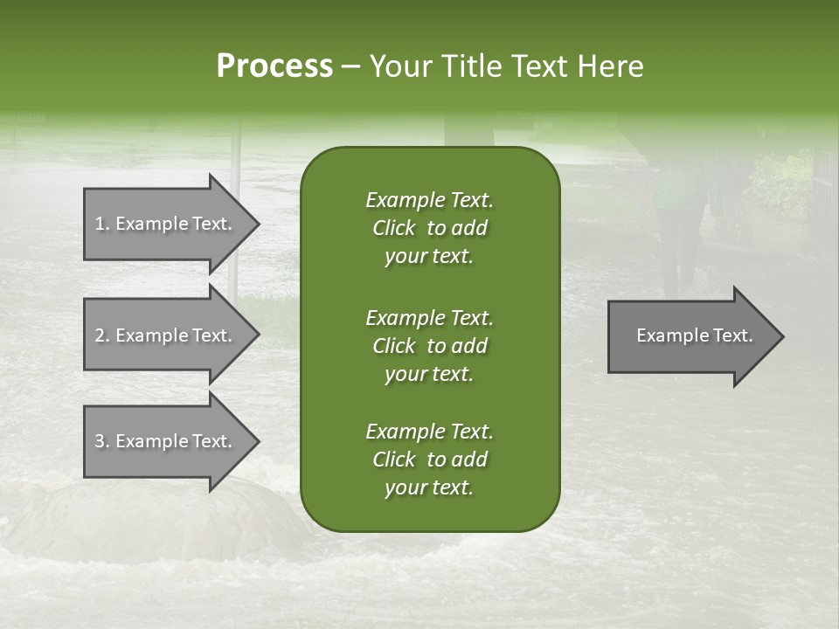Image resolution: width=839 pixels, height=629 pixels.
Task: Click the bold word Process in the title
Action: pyautogui.click(x=274, y=66)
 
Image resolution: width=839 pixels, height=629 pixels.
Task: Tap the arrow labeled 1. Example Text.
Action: pyautogui.click(x=166, y=224)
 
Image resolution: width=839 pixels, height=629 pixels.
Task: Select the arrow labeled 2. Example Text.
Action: pyautogui.click(x=166, y=335)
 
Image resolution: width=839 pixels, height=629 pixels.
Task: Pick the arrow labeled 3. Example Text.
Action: pyautogui.click(x=166, y=441)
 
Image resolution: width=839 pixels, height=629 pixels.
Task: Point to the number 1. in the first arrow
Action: pyautogui.click(x=102, y=224)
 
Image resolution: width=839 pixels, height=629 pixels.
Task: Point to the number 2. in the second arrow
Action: pyautogui.click(x=102, y=335)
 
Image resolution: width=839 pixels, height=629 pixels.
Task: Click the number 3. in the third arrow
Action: pyautogui.click(x=102, y=441)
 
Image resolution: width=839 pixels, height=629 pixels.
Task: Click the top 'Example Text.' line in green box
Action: pyautogui.click(x=429, y=200)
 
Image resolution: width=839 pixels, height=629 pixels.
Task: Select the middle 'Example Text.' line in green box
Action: pyautogui.click(x=429, y=317)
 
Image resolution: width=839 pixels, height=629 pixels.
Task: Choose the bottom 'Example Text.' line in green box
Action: pyautogui.click(x=429, y=432)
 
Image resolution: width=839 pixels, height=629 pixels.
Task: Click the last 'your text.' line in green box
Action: pyautogui.click(x=429, y=488)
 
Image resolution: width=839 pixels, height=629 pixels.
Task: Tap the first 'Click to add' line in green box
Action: pyautogui.click(x=429, y=228)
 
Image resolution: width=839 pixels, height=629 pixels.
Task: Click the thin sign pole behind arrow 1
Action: pyautogui.click(x=234, y=157)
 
